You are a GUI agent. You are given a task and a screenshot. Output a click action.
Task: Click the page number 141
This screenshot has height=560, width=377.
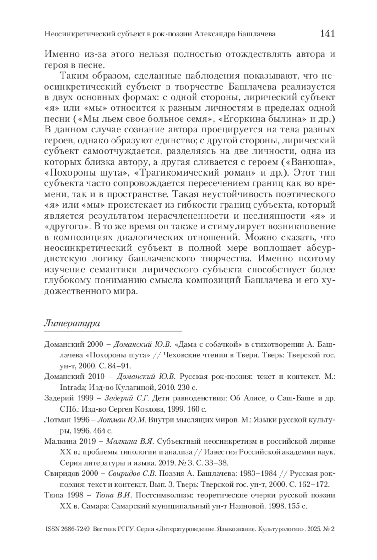coord(327,33)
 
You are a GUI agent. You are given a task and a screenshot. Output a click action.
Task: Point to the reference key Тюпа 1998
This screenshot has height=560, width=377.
coord(64,495)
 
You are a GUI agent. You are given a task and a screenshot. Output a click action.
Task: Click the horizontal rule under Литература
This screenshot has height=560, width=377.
coord(113,331)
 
